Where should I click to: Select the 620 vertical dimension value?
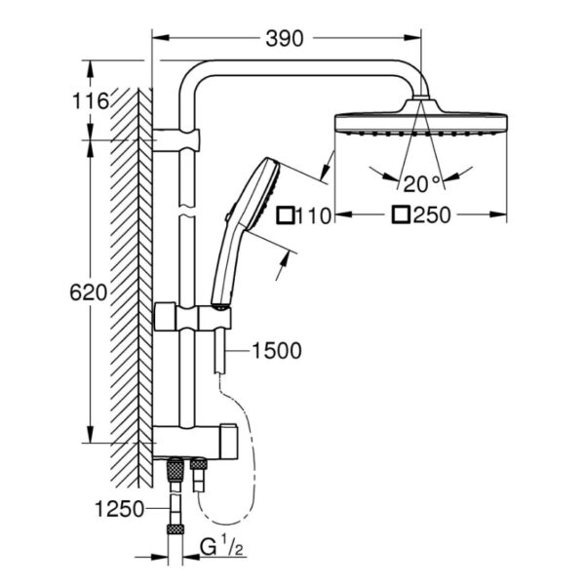click(x=95, y=292)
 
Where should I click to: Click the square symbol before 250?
click(x=401, y=215)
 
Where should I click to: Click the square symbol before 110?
click(x=286, y=215)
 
